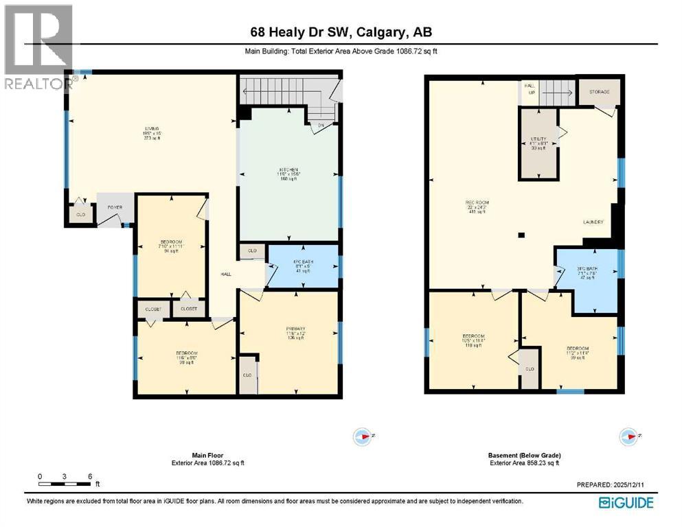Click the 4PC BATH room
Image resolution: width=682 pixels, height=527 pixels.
click(303, 266)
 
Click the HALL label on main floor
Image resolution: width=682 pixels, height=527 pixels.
click(225, 274)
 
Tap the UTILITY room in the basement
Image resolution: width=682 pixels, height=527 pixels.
click(538, 143)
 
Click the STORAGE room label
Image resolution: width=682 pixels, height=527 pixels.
click(595, 92)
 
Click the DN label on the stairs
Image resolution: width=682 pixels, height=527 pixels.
click(321, 125)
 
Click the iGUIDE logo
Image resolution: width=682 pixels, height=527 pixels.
click(626, 502)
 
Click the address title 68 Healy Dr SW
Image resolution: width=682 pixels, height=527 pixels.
click(340, 32)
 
